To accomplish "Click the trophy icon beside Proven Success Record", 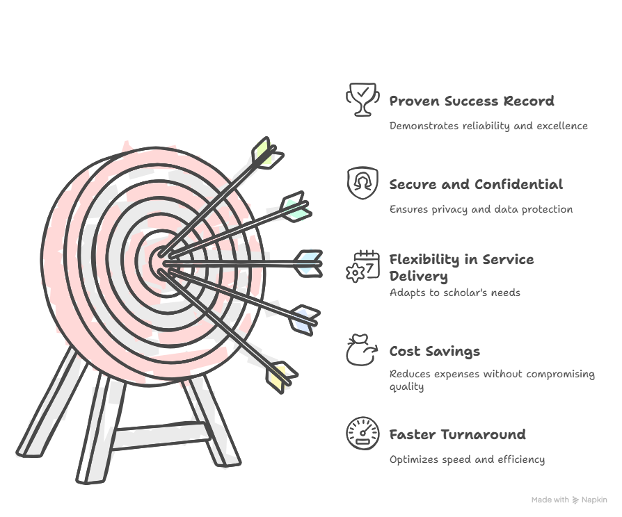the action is coord(362,99).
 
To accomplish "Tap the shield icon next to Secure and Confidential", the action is coord(362,183).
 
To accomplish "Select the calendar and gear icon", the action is coord(362,266).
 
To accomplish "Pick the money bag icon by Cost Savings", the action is coord(362,350).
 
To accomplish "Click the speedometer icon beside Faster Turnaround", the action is coord(362,434).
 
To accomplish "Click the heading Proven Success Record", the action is coord(472,101).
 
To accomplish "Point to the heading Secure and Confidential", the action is coord(476,185).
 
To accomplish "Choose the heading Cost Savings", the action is coord(435,352).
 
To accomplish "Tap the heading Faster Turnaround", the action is coord(457,434).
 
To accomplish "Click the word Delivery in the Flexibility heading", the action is coord(419,277).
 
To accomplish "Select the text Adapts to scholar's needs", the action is coord(454,293).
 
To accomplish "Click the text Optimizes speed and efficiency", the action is coord(467,459).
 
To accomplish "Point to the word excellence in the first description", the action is coord(562,126).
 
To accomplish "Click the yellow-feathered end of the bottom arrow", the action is coord(281,377).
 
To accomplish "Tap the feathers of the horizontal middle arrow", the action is coord(309,263).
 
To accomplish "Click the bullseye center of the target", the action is coord(161,262).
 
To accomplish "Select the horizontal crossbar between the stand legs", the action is coord(161,436).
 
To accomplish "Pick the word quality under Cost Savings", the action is coord(406,386).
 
